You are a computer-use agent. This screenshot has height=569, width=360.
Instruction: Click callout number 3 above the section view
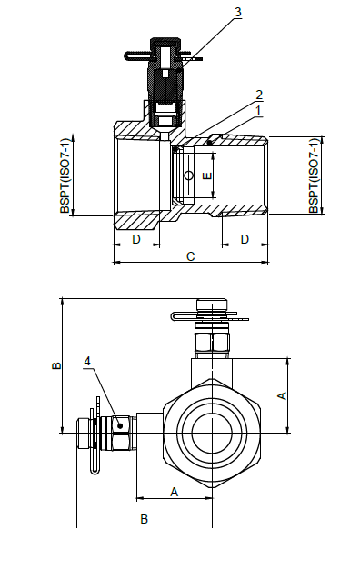coord(238,12)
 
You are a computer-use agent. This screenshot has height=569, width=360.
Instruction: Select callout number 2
coord(259,95)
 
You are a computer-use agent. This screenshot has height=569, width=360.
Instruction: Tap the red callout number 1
coord(259,110)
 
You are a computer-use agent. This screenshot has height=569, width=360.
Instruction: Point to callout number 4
coord(87,362)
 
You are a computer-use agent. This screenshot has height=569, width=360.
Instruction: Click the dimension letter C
coord(190,256)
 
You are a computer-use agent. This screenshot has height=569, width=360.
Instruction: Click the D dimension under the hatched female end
coord(135,238)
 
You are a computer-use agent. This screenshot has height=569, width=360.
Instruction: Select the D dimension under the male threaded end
coord(245,238)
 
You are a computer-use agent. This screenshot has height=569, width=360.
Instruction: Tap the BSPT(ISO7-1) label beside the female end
coord(65,175)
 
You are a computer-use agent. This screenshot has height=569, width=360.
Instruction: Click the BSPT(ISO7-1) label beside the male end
coord(314,175)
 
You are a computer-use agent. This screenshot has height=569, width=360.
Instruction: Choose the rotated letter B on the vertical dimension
coord(55,366)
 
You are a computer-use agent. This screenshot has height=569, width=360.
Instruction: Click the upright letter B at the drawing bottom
coord(143,519)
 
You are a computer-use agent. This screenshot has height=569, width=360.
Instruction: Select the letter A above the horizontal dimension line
coord(174,491)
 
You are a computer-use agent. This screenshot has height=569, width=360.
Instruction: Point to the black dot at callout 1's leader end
coord(212,140)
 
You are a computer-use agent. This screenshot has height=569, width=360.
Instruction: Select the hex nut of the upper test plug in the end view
coord(212,343)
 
